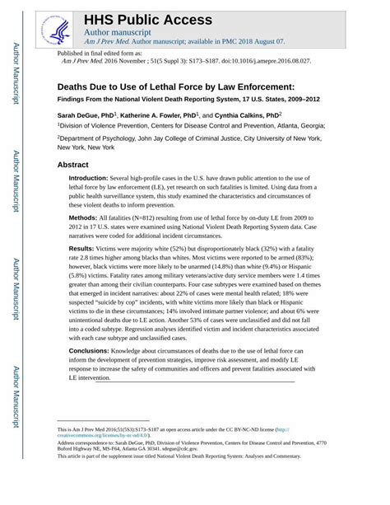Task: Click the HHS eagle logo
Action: coord(58,30)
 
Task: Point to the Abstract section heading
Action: coord(72,165)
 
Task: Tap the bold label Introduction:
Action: coord(88,178)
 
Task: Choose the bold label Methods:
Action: coord(83,217)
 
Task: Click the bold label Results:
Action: coord(81,248)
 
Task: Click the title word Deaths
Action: coord(75,86)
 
